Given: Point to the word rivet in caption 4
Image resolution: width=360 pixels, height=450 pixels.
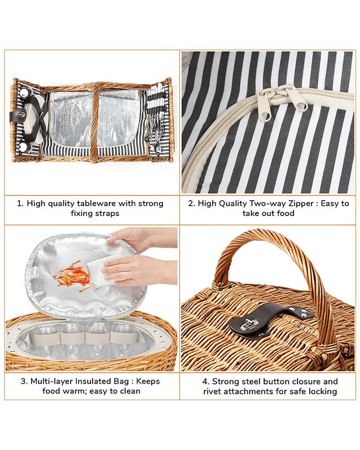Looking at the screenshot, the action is [211, 391].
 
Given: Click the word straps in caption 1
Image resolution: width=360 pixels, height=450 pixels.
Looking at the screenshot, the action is [108, 213].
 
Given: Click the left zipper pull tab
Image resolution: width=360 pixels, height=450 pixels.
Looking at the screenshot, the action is [265, 105].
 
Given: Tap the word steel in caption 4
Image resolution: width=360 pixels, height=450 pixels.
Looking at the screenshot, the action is [251, 382].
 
